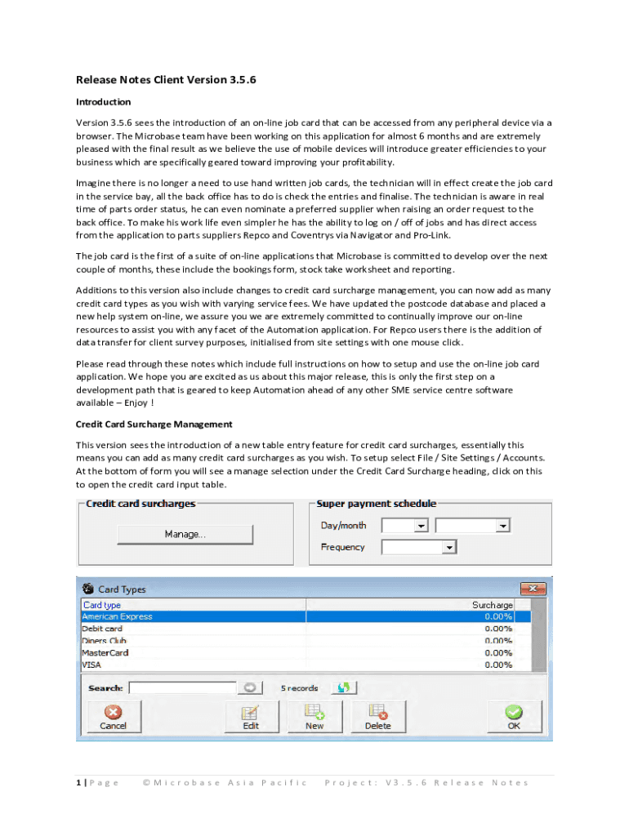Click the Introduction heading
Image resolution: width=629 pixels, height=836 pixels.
103,102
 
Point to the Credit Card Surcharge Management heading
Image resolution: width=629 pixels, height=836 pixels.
154,425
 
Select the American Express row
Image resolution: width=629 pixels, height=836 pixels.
118,617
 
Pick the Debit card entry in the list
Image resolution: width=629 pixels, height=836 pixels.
102,629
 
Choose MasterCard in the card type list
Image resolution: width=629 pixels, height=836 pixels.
105,653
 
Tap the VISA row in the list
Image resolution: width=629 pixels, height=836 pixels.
91,665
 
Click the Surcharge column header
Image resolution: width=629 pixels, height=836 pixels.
492,605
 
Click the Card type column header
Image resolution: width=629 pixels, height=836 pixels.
102,605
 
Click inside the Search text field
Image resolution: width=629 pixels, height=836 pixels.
182,688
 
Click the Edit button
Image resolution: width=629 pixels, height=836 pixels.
251,716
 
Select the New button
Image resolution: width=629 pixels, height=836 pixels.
314,716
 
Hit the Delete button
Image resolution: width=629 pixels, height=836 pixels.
377,716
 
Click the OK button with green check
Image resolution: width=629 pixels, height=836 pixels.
514,716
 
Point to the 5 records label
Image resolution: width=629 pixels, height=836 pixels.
300,688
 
